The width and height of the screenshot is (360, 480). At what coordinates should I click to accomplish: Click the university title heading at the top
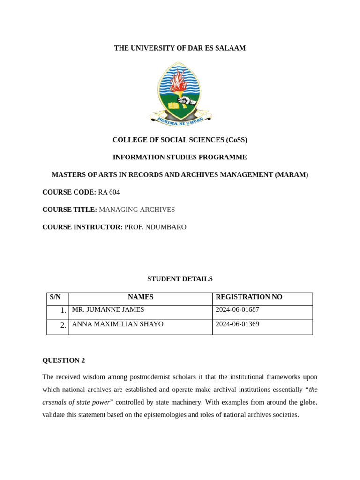tap(180, 48)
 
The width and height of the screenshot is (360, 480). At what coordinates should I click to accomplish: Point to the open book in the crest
tap(174, 105)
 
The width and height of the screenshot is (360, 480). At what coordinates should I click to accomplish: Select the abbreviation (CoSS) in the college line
tap(236, 140)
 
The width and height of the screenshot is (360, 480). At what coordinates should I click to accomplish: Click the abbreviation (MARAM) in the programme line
tap(292, 175)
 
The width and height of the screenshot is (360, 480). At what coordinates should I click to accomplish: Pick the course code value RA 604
tap(109, 192)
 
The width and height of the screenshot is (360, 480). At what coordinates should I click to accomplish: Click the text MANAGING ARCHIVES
tap(137, 210)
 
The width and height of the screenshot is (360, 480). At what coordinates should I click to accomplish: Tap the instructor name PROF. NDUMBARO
tap(155, 227)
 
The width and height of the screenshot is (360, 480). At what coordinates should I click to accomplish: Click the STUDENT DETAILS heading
tap(180, 279)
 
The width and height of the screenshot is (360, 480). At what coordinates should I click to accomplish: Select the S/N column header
tap(55, 297)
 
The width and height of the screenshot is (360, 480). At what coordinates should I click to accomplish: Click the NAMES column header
tap(141, 297)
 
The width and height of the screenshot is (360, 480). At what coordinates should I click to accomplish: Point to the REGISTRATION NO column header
tap(249, 297)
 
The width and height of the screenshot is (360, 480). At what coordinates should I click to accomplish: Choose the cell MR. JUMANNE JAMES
tap(108, 310)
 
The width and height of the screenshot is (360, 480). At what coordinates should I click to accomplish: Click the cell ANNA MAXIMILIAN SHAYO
tap(118, 324)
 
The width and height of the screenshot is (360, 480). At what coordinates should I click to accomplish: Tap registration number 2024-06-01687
tap(237, 310)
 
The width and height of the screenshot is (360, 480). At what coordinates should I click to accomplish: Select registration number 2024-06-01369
tap(237, 324)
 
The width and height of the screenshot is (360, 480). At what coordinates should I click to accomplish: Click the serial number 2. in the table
tap(63, 325)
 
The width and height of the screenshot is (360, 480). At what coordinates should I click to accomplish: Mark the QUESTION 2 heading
tap(64, 360)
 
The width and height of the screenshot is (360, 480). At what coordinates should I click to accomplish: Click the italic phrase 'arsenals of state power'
tap(76, 402)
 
